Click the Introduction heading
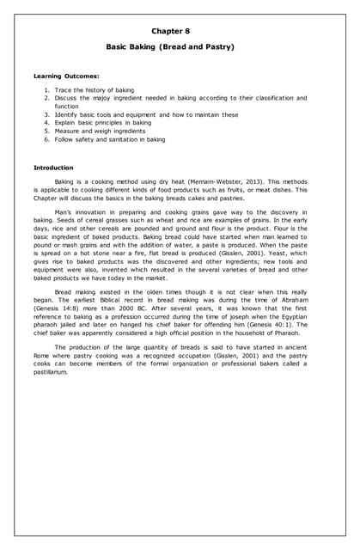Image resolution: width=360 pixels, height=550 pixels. (52, 167)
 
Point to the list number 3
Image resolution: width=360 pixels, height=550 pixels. (46, 114)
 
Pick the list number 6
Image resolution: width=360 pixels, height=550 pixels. (46, 138)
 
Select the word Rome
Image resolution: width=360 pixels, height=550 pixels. (41, 356)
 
